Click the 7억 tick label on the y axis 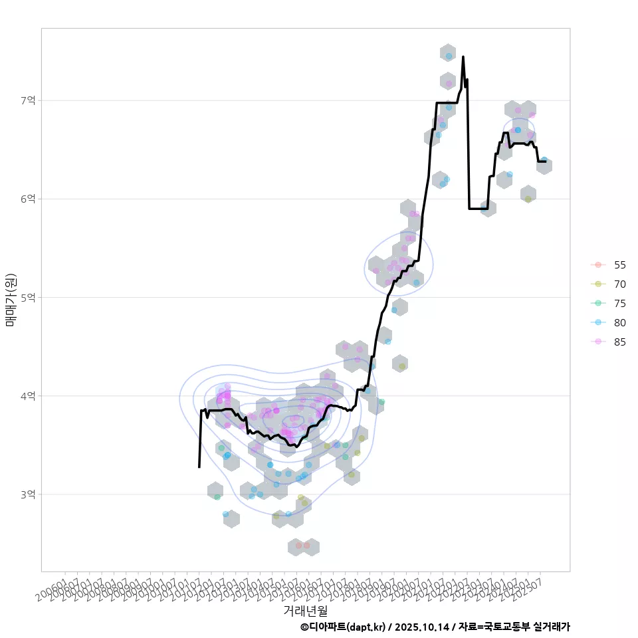(x=27, y=100)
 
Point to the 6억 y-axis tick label (x=27, y=199)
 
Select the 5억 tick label (x=27, y=297)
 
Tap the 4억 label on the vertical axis (x=27, y=396)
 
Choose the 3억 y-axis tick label (x=27, y=494)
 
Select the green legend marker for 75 (x=598, y=303)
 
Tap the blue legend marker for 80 (x=598, y=322)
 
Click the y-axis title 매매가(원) (x=10, y=300)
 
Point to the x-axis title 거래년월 (x=305, y=609)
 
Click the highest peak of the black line (x=463, y=57)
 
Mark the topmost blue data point (x=449, y=56)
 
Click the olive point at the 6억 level (x=528, y=199)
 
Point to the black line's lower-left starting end (x=199, y=467)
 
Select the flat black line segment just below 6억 (x=478, y=209)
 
